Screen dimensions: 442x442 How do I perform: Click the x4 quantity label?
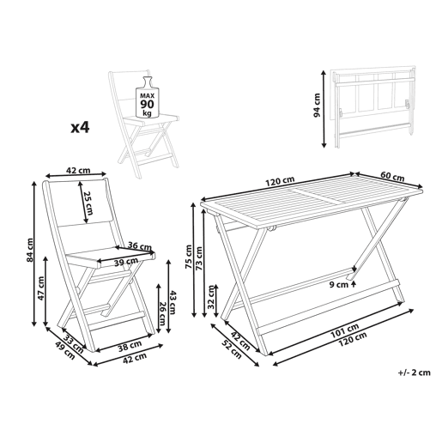(80, 127)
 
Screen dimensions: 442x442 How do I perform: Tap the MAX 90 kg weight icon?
(147, 97)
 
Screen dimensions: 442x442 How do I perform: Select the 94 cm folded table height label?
(317, 106)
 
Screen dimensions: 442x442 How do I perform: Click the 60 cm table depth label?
(392, 177)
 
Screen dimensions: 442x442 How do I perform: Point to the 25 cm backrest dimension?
(89, 203)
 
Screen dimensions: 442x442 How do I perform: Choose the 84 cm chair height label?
(29, 250)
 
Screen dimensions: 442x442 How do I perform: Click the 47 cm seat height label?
(41, 288)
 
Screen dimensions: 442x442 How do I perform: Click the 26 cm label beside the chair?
(162, 313)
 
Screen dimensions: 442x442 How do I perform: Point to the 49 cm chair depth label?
(64, 351)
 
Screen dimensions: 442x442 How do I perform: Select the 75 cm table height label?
(189, 257)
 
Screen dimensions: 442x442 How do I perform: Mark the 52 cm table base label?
(232, 350)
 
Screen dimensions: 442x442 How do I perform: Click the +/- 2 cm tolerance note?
(414, 372)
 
